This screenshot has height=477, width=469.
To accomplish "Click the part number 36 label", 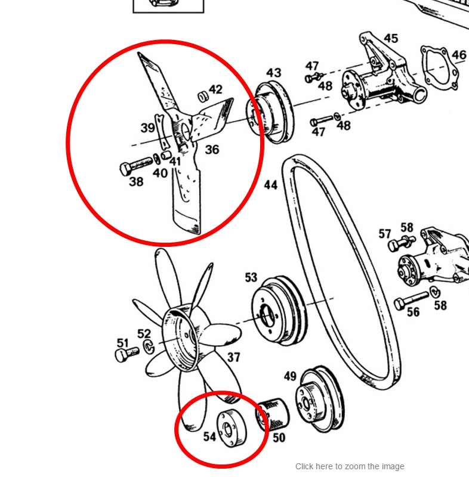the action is (212, 150).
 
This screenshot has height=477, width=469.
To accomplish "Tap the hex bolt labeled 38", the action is (135, 166).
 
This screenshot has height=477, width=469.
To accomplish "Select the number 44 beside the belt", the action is (270, 185).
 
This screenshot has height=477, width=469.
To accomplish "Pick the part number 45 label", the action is (391, 38).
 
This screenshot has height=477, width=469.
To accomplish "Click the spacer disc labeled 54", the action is (232, 428).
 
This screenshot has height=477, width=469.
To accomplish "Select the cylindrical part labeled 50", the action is (272, 414).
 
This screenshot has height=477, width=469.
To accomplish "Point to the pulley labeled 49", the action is (320, 398).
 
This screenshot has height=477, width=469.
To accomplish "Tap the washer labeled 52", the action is (149, 347).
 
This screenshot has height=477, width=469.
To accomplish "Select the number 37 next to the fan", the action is (233, 357).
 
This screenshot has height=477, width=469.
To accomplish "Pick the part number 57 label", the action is (384, 234).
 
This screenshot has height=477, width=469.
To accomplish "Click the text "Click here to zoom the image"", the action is (350, 466).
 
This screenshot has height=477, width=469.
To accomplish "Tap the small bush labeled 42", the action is (203, 97).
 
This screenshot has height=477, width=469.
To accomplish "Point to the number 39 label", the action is (148, 128).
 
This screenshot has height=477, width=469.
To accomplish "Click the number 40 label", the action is (160, 173).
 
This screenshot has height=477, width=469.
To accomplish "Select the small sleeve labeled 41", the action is (165, 154).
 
